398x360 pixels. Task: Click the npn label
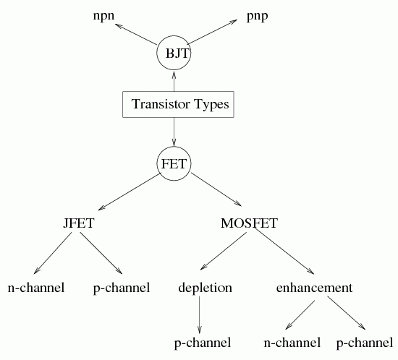coord(103,17)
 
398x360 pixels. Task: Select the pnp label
coord(258,17)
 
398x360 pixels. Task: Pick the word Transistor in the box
coord(161,104)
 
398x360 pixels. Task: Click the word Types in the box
coord(211,104)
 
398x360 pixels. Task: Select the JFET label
coord(79,223)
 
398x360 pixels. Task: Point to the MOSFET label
coord(249,223)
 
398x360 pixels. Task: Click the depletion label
coord(205,288)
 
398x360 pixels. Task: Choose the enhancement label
coord(314,288)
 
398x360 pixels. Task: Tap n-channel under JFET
coord(36,288)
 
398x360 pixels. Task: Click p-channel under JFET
coord(122,288)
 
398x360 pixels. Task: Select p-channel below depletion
coord(203,343)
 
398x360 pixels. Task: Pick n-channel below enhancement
coord(292,343)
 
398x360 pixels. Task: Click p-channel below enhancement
coord(365,343)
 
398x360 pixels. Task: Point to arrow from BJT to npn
coord(136,35)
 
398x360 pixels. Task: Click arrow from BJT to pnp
coord(213,32)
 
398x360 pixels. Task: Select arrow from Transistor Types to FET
coord(174,132)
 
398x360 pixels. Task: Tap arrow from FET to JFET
coord(130,192)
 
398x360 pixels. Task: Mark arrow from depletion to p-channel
coord(199,314)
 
